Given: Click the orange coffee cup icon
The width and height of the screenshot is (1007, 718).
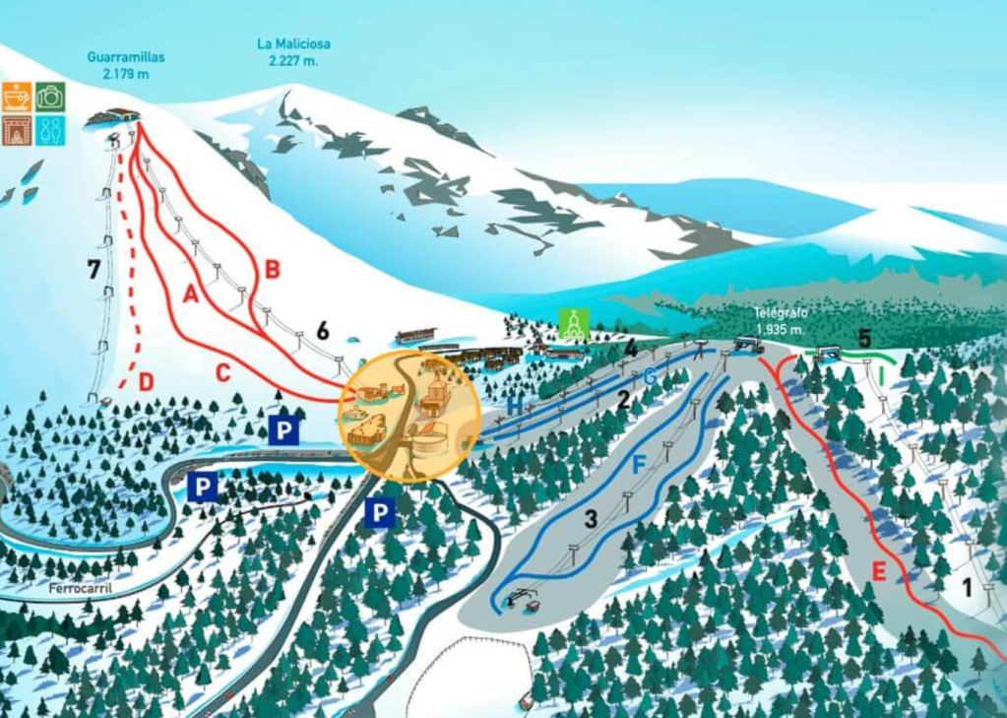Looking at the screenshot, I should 17,97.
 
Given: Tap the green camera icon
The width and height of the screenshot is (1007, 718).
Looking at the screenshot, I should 50,97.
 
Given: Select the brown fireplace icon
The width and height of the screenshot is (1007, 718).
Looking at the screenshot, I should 17,130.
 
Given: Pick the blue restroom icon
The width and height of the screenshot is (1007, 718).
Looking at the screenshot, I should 50,130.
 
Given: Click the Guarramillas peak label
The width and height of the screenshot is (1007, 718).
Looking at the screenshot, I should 126,65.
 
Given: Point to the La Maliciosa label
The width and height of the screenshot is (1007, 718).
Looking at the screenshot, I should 293,51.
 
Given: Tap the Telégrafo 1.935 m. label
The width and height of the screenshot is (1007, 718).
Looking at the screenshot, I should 781,319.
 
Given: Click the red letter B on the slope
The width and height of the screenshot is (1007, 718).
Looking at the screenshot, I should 273,268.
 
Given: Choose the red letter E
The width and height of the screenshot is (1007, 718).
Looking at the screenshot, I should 878,571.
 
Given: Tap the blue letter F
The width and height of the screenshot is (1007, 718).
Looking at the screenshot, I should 639,464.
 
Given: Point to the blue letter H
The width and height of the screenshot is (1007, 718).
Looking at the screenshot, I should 515,405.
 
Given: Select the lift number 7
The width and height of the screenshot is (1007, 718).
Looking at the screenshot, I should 94,268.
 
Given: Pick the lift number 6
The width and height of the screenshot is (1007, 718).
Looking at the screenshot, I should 322,331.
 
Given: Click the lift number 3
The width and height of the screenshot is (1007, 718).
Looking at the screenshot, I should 591,518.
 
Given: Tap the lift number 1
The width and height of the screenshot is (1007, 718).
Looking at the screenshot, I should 967,588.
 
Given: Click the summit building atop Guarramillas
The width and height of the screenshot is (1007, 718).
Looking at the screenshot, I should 111,117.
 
